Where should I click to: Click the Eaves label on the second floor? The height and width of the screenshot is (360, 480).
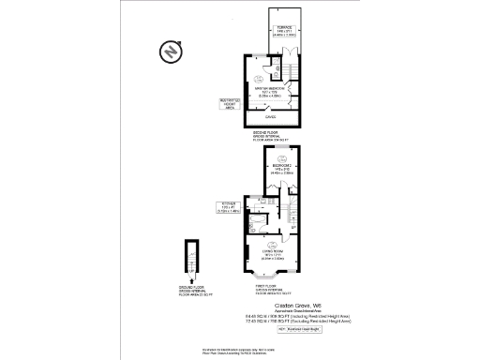pos(270,117)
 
